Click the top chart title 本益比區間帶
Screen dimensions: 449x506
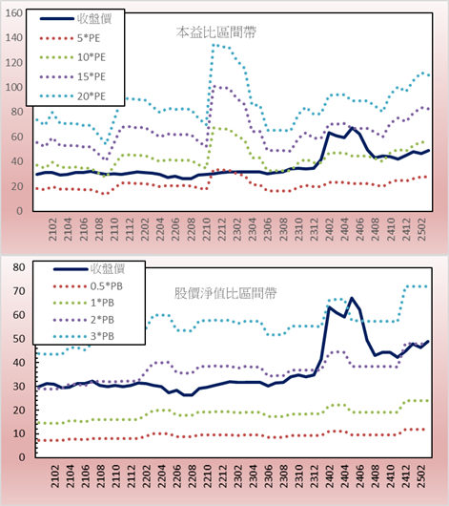point(216,32)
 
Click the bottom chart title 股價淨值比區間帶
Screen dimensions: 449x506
point(225,293)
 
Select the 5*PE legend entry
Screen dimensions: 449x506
point(89,38)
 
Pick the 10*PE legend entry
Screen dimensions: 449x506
point(92,57)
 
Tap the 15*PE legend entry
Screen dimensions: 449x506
point(92,76)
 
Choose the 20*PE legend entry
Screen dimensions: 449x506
point(92,96)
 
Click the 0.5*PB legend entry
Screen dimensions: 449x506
point(107,286)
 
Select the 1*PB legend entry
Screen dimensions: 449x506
point(103,303)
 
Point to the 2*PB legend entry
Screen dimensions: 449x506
point(103,320)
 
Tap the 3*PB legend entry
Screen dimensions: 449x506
point(103,336)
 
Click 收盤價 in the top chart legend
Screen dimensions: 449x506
point(94,19)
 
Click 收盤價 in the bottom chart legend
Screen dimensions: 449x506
point(108,268)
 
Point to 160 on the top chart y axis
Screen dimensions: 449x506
point(14,13)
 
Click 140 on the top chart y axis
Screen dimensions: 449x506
point(14,38)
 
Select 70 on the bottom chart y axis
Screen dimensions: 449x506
point(19,291)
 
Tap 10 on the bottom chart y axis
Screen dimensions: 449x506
point(19,433)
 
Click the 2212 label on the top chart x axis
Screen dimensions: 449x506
point(222,229)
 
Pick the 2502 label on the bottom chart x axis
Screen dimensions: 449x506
point(421,476)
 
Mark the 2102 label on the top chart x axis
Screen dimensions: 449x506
point(52,229)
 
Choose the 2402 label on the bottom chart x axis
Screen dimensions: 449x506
point(330,476)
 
